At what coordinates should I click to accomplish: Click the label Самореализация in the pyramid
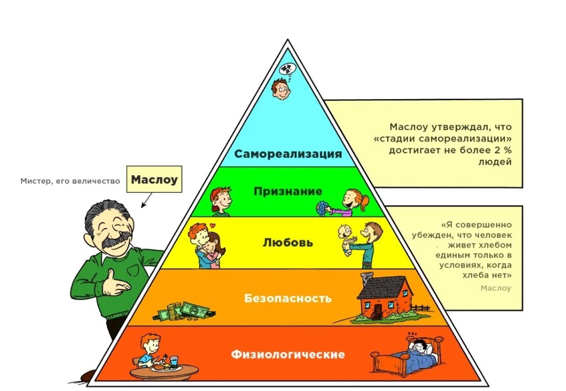(288, 154)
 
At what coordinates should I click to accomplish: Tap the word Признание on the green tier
(288, 191)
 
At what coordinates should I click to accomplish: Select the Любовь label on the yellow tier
(288, 242)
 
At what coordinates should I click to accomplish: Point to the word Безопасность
(288, 298)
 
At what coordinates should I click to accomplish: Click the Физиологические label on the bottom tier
(288, 354)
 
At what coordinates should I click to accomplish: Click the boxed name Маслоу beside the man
(154, 179)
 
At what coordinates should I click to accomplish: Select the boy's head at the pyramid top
(281, 89)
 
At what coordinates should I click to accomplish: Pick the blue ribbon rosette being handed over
(322, 208)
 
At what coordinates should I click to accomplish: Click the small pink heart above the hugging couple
(213, 226)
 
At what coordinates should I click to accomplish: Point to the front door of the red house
(377, 310)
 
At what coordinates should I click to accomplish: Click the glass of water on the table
(174, 362)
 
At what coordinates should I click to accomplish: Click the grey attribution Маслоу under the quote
(496, 288)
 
